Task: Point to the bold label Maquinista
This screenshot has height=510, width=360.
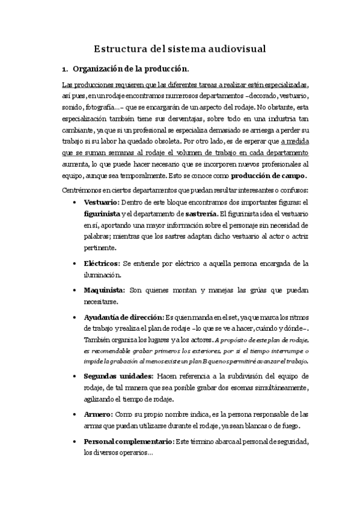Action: (x=104, y=290)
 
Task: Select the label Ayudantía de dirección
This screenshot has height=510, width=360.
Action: (x=123, y=316)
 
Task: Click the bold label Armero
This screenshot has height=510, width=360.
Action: (x=97, y=415)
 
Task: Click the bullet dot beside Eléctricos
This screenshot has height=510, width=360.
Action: (x=73, y=263)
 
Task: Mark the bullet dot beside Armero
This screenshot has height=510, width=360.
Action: (x=73, y=415)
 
